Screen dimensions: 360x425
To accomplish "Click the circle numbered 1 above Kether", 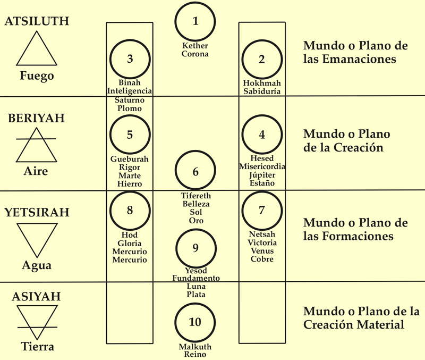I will click(195, 22).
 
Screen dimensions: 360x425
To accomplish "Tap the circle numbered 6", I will click(195, 172).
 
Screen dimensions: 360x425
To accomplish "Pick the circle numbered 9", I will click(195, 248).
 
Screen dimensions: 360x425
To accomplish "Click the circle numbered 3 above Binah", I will click(130, 59).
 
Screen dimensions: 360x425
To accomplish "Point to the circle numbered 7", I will click(261, 210).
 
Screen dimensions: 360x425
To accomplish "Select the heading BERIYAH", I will click(36, 118).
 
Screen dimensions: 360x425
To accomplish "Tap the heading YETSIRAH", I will click(37, 213).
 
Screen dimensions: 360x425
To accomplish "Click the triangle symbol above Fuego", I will click(37, 49).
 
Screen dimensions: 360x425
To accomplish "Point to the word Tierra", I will click(37, 347).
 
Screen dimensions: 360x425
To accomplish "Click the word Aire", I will click(36, 171).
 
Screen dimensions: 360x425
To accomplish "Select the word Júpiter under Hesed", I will click(262, 175).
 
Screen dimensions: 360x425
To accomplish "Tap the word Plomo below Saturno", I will click(130, 108).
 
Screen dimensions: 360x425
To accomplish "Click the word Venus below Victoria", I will click(262, 251).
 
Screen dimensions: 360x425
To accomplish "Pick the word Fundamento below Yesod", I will click(195, 278).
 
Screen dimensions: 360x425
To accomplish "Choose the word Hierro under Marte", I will click(130, 183).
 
